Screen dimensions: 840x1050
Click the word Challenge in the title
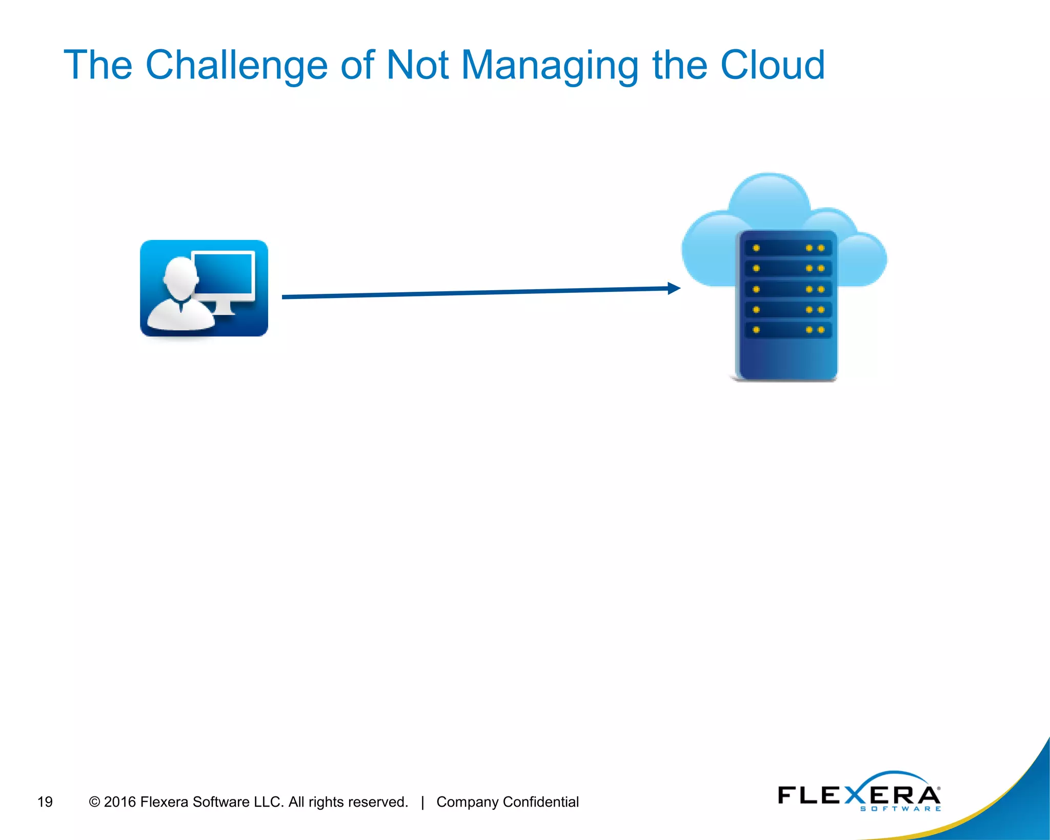pos(236,65)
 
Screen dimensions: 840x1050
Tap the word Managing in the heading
pos(550,65)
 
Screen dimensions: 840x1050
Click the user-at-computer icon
pos(204,288)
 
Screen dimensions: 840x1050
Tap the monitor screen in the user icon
pos(225,274)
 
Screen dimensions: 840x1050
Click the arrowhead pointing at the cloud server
pos(674,288)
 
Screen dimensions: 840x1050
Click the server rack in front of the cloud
pos(786,306)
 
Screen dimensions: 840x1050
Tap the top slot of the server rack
pos(787,248)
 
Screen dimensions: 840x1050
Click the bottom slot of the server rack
pos(787,330)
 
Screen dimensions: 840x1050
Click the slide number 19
pos(45,802)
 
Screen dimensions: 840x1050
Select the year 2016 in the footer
pos(119,802)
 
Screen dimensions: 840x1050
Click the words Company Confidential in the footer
pos(507,802)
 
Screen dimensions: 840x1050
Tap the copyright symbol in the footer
pos(94,802)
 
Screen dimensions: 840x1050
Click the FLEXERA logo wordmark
pos(859,794)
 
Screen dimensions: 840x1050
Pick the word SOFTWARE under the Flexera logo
pos(900,809)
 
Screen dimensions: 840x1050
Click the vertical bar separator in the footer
pos(422,802)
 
